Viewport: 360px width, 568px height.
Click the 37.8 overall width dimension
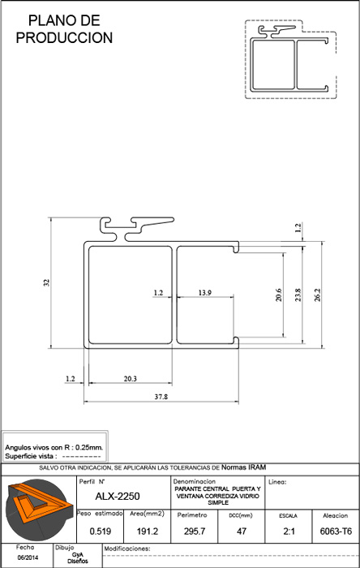(x=161, y=397)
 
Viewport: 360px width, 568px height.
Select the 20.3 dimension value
(x=131, y=379)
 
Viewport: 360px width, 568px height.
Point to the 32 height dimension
(x=46, y=283)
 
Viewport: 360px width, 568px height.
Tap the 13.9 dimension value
(x=205, y=293)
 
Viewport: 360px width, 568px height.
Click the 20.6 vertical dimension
(x=279, y=295)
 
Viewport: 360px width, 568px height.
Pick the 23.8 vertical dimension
(x=298, y=295)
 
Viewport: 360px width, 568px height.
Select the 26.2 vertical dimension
(x=317, y=295)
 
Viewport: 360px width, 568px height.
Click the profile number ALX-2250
(x=118, y=496)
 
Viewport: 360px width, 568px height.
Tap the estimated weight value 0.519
(x=101, y=531)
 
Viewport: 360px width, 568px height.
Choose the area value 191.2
(x=148, y=531)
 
